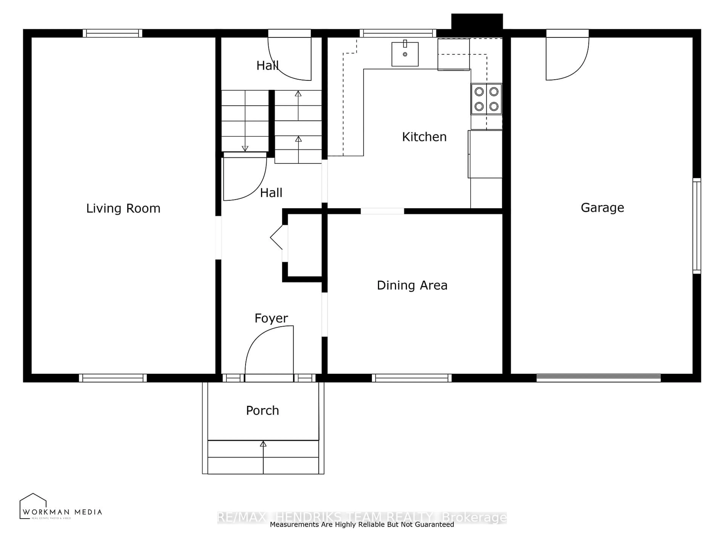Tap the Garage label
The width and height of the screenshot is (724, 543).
[602, 208]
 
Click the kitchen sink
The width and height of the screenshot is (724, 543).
[405, 54]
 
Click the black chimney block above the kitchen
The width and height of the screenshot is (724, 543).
[477, 21]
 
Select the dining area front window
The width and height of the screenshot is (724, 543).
[412, 378]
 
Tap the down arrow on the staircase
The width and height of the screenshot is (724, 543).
[245, 148]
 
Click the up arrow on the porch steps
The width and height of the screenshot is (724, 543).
[263, 444]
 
